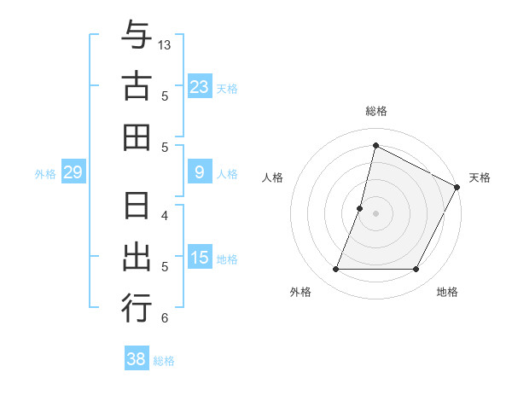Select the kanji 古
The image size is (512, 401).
(137, 87)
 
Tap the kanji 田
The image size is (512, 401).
(137, 137)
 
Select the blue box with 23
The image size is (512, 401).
(199, 86)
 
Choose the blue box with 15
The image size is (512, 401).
(199, 259)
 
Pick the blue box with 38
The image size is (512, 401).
(137, 359)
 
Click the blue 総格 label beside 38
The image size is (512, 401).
(165, 361)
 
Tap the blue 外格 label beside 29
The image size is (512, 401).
(45, 174)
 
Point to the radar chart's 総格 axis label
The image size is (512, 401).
(376, 111)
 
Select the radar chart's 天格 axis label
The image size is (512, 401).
(480, 177)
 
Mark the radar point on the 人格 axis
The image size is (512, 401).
(360, 208)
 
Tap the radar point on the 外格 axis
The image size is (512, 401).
(335, 270)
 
